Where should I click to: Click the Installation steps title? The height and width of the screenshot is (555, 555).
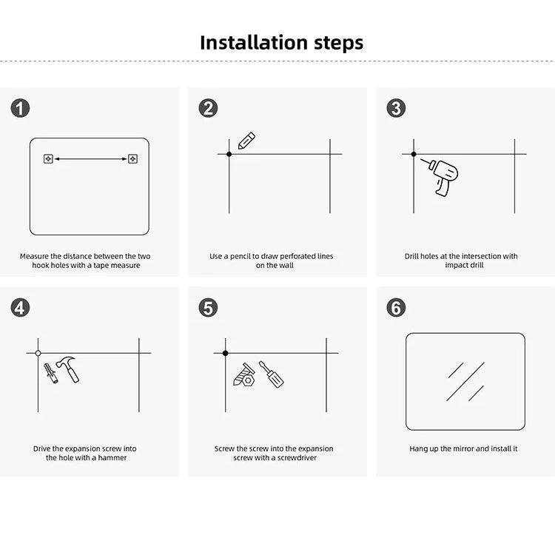[281, 42]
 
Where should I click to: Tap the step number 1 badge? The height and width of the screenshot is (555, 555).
[20, 108]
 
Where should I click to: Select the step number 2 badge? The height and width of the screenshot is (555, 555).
[208, 108]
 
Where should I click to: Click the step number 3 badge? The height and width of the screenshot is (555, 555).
[396, 108]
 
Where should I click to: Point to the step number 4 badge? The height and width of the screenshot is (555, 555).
[20, 307]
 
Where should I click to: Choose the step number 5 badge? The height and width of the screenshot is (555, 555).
[208, 307]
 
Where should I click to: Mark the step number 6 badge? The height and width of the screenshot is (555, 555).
[396, 307]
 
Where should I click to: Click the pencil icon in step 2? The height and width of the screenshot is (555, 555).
[246, 141]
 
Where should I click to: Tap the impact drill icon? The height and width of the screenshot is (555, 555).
[444, 176]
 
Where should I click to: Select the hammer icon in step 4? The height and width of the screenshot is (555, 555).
[69, 369]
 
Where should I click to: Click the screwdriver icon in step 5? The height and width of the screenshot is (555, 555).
[271, 374]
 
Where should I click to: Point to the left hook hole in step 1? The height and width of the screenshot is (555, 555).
[48, 158]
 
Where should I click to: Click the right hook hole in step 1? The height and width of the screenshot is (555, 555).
[132, 158]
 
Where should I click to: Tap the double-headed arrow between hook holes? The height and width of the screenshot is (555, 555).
[90, 158]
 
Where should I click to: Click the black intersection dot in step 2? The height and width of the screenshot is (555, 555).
[229, 154]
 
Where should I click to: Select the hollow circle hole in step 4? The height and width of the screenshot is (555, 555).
[38, 353]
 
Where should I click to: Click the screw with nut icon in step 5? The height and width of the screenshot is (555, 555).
[244, 375]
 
